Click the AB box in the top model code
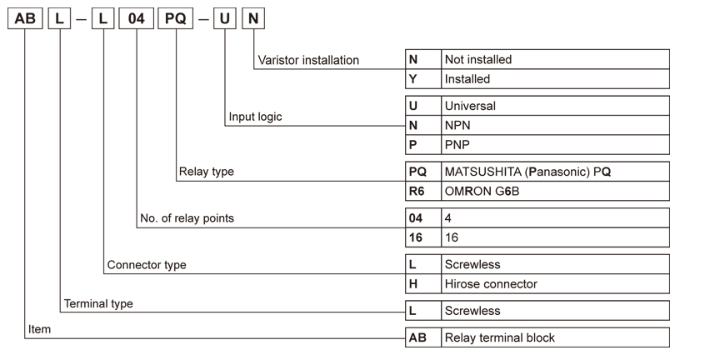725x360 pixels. point(25,18)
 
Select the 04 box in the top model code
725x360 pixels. point(137,18)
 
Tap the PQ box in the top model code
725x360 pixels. point(175,18)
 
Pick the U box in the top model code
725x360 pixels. point(225,18)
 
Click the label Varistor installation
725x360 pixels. point(308,60)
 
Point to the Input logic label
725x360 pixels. point(255,117)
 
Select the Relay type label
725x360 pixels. point(207,172)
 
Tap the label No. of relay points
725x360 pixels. point(187,218)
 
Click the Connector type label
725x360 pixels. point(147,265)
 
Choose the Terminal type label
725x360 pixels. point(98,303)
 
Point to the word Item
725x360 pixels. point(39,329)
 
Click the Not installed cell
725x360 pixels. point(555,59)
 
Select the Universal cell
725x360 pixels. point(555,105)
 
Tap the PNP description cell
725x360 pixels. point(555,145)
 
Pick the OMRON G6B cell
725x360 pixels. point(555,191)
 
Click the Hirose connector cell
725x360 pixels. point(555,283)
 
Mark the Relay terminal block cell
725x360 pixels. point(555,337)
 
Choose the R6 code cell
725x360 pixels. point(423,191)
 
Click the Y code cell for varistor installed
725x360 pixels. point(423,79)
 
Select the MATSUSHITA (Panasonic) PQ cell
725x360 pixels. point(555,172)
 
